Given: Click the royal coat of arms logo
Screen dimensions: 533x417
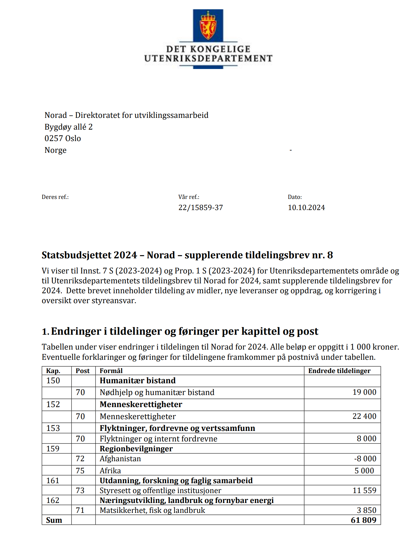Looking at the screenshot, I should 208,26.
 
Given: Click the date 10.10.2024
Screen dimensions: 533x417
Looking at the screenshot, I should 306,208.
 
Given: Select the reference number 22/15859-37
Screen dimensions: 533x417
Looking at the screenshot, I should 201,208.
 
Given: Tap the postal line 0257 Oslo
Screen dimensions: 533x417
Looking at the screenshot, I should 63,138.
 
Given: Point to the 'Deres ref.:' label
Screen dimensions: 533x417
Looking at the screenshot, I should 55,197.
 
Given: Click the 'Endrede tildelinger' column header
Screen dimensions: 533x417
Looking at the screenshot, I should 339,371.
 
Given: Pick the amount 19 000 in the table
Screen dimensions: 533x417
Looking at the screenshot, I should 364,392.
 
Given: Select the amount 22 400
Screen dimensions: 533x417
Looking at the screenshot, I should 364,416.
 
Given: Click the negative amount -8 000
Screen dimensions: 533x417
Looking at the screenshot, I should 365,458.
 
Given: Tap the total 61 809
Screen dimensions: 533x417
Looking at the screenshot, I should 364,520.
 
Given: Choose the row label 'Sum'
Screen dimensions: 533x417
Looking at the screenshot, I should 54,520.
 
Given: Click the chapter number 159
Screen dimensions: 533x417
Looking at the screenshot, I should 53,449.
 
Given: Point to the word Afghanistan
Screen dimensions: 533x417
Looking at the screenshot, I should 120,458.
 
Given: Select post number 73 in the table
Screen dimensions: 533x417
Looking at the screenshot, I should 80,490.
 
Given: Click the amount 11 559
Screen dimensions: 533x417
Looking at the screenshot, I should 364,490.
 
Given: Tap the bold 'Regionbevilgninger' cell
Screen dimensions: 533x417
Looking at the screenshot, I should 136,449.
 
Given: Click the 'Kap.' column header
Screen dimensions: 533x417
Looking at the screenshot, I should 53,371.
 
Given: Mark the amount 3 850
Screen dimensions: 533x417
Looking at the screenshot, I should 367,510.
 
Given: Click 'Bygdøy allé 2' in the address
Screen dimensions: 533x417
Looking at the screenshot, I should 69,127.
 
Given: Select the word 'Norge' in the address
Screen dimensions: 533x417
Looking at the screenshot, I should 56,150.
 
